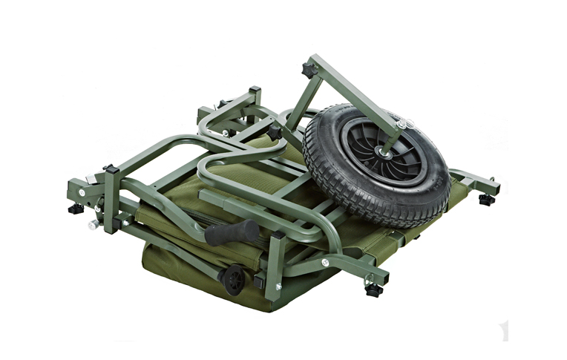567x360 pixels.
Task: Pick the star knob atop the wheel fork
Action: coord(307,71)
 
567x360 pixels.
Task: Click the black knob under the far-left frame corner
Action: coord(75,209)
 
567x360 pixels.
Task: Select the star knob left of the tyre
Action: coord(275,132)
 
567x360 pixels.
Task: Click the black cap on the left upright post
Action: coord(108,170)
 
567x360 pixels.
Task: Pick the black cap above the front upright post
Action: coord(275,235)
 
